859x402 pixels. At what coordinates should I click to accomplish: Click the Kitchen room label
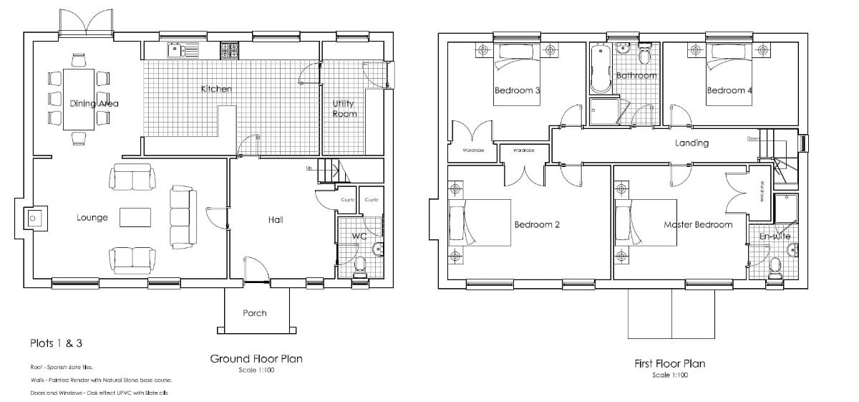[216, 89]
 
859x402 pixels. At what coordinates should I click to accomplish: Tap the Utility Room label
[344, 108]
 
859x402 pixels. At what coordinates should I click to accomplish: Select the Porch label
[254, 313]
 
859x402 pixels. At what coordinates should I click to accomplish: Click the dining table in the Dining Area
[78, 99]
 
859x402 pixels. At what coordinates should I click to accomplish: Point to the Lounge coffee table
[135, 217]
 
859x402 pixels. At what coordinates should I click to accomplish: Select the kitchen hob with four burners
[229, 50]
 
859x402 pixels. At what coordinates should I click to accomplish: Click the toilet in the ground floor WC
[360, 267]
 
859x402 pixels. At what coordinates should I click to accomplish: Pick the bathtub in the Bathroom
[600, 70]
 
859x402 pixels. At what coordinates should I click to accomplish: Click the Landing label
[691, 143]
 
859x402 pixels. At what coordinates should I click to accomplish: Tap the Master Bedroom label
[698, 224]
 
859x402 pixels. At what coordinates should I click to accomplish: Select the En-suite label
[775, 236]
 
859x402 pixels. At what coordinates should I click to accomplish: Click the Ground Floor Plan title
[256, 359]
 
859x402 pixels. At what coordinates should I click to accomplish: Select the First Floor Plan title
[670, 364]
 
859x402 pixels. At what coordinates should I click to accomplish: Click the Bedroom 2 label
[537, 224]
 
